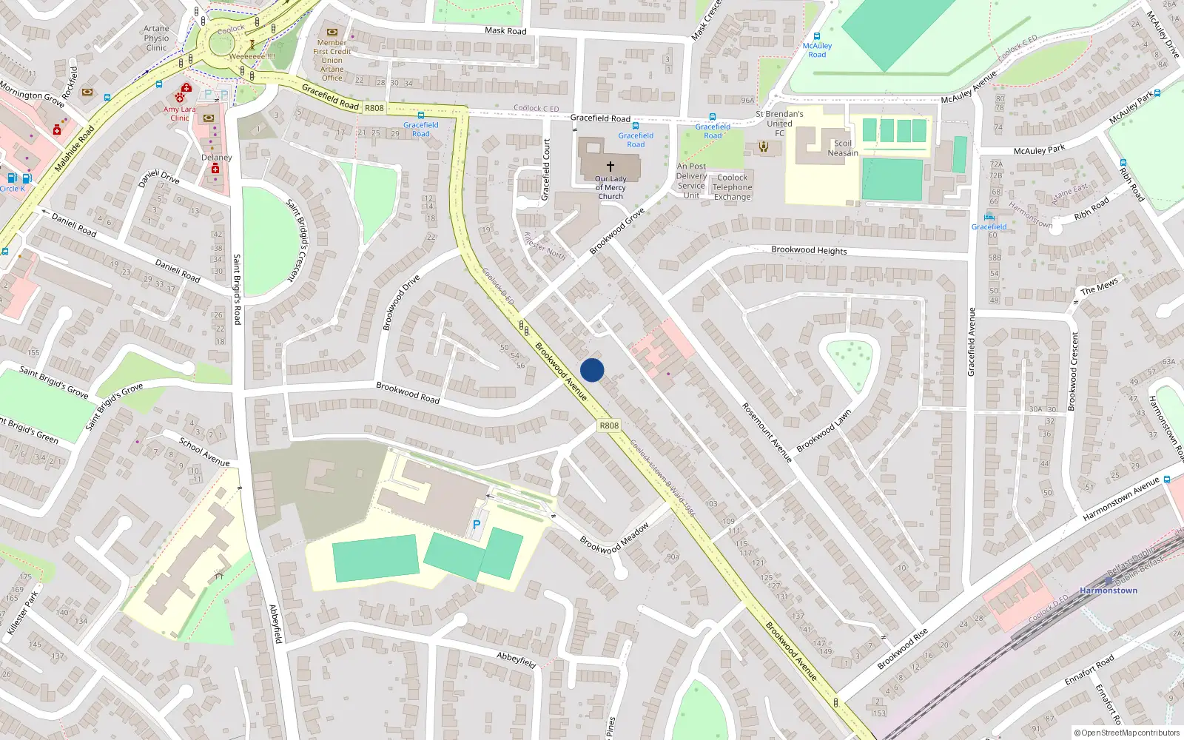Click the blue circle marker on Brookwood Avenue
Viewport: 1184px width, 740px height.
click(x=592, y=370)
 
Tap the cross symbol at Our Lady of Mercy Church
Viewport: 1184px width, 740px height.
click(x=610, y=166)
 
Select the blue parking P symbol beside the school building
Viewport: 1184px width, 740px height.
click(x=477, y=525)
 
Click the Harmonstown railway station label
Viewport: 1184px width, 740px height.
click(x=1109, y=591)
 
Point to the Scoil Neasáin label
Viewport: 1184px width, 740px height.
click(x=843, y=148)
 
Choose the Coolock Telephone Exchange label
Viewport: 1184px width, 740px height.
click(x=733, y=187)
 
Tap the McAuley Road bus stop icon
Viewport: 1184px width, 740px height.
click(x=817, y=36)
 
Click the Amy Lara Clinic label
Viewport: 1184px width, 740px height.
click(x=180, y=113)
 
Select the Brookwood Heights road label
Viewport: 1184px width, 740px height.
click(x=809, y=250)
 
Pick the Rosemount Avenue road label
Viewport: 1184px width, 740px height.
click(x=767, y=433)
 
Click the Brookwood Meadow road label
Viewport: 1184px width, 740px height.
click(x=614, y=538)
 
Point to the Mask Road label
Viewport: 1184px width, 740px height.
click(x=505, y=31)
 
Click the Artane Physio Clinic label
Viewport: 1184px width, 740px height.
click(x=156, y=38)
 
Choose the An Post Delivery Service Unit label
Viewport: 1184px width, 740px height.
click(x=691, y=181)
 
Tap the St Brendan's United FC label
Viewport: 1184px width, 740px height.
click(x=779, y=124)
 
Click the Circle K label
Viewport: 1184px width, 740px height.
click(x=13, y=189)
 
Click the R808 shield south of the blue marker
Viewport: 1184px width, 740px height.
click(x=609, y=425)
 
